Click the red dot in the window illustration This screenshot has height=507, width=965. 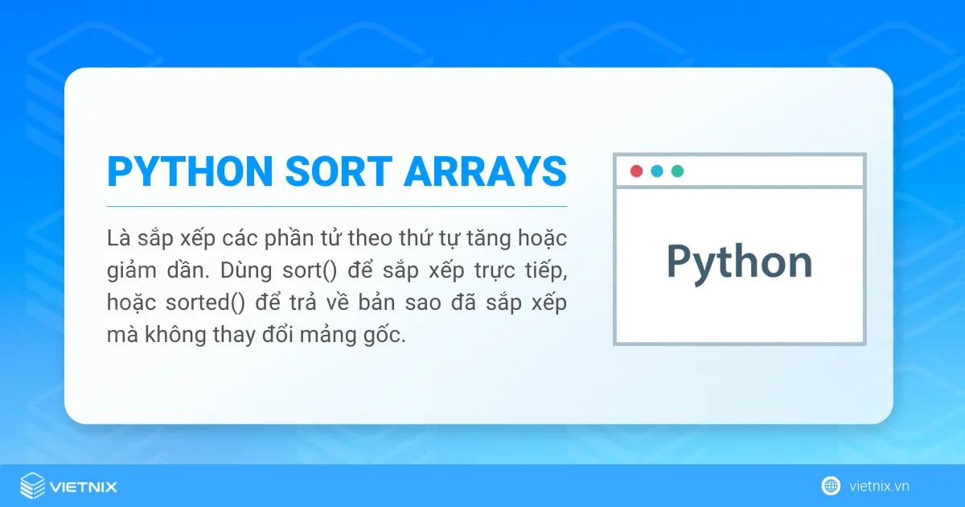click(x=636, y=171)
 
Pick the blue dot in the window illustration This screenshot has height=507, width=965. click(x=657, y=171)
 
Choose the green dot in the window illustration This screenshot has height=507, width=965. click(x=678, y=171)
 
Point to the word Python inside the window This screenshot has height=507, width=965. click(x=739, y=263)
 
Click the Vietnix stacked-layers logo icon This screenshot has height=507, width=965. click(x=33, y=486)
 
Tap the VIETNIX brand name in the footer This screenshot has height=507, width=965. click(x=84, y=487)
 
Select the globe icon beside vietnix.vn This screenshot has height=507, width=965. click(x=831, y=486)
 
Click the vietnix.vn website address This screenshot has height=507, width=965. click(x=879, y=486)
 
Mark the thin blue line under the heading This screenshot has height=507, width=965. click(x=337, y=207)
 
